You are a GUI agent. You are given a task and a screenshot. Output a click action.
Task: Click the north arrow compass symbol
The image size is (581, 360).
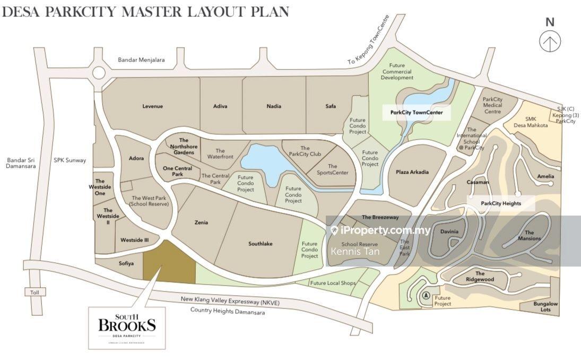[x=550, y=41]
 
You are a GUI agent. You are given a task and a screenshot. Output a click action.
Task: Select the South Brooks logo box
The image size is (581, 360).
[x=127, y=327]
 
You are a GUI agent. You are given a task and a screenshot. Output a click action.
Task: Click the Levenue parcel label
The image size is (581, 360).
[x=153, y=106]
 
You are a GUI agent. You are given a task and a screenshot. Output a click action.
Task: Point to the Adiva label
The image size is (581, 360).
[x=220, y=106]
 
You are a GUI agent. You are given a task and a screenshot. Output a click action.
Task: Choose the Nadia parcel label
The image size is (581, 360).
[x=274, y=106]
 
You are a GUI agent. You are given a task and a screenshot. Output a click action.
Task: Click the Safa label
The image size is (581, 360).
[x=331, y=106]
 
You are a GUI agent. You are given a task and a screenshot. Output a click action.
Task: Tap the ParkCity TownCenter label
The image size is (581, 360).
[x=417, y=113]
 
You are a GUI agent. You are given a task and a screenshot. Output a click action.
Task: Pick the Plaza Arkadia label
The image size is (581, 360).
[x=412, y=172]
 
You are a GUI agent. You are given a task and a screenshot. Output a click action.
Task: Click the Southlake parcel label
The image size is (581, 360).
[x=261, y=244]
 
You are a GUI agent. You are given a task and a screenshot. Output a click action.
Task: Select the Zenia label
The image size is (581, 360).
[x=202, y=222]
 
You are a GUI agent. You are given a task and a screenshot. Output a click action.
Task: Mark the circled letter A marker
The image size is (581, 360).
[x=426, y=296]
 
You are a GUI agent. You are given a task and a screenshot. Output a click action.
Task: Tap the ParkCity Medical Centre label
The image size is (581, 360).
[x=492, y=105]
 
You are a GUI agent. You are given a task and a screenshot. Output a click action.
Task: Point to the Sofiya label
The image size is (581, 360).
[x=126, y=263]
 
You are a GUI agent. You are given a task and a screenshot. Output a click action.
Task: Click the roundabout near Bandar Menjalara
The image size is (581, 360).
[x=99, y=73]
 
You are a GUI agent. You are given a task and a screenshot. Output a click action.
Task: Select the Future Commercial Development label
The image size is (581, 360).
[x=397, y=72]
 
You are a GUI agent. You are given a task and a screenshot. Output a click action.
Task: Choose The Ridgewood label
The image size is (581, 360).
[x=480, y=277]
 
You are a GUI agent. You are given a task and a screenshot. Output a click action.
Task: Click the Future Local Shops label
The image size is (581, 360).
[x=333, y=283]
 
